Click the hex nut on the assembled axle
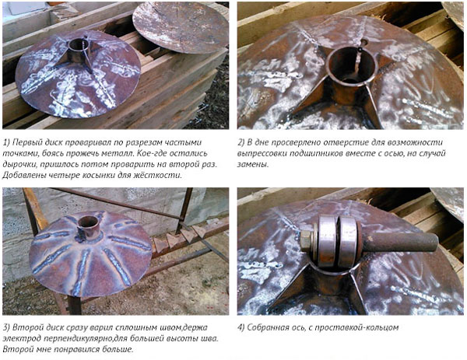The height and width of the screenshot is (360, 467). [306, 240]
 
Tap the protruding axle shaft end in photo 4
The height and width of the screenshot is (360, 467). [400, 242]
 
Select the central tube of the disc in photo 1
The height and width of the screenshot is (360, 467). [79, 50]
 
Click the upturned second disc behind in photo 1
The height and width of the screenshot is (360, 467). [181, 26]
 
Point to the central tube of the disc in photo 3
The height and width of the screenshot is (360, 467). [88, 227]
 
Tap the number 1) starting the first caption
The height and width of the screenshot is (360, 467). [6, 142]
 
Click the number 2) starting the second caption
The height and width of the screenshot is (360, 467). [241, 142]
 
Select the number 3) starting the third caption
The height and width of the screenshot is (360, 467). [6, 327]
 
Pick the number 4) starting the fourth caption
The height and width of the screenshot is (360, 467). [241, 327]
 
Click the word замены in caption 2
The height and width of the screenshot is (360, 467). [253, 164]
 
